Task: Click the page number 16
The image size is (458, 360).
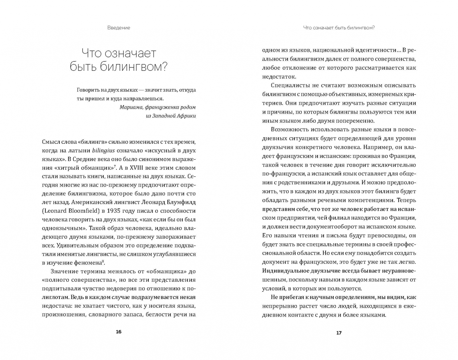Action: (118, 332)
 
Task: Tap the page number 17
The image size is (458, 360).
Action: (339, 333)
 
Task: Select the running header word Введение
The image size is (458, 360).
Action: (119, 28)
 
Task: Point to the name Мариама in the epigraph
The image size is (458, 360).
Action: (130, 107)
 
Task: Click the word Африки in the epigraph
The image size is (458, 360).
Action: (185, 116)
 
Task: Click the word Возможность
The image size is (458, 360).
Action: (289, 129)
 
